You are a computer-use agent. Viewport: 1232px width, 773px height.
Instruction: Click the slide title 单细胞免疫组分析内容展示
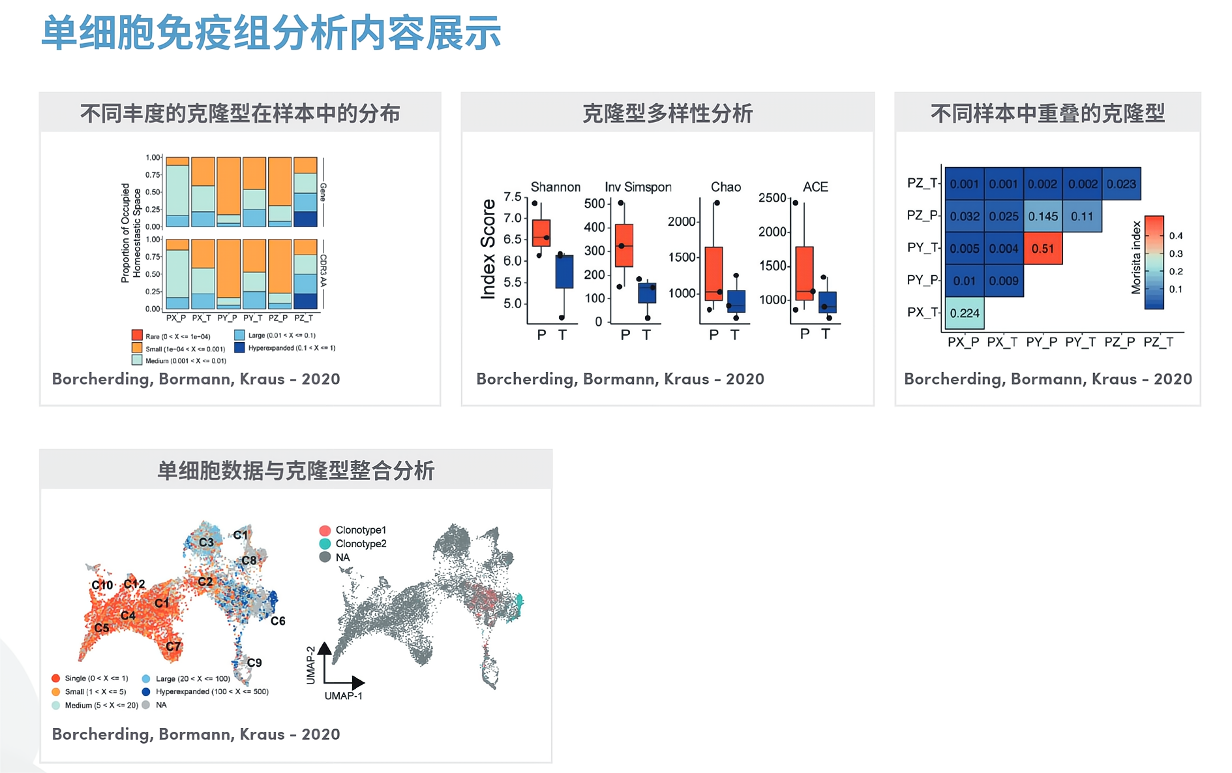[271, 33]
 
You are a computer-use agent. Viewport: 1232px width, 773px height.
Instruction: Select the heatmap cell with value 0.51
[1042, 249]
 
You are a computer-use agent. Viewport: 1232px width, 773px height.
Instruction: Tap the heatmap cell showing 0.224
[964, 313]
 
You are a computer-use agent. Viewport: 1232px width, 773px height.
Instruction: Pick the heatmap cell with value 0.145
[1042, 216]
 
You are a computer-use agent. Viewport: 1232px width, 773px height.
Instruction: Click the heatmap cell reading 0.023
[1121, 184]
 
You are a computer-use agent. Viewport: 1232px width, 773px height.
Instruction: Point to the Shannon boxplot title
[555, 187]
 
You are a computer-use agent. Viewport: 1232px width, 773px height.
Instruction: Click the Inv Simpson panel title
[637, 187]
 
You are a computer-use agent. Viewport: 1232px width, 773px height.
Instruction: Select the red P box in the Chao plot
[714, 273]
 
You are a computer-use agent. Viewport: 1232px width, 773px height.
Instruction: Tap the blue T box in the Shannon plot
[564, 272]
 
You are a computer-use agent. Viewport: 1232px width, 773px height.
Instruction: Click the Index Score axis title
[488, 249]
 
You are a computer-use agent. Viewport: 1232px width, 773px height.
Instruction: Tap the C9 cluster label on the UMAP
[254, 663]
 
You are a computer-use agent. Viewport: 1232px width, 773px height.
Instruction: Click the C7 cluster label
[173, 646]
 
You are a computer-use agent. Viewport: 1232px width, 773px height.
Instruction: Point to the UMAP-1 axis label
[343, 696]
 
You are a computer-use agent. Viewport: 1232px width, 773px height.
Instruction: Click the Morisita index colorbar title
[1136, 257]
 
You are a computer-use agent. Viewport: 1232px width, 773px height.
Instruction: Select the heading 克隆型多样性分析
[667, 114]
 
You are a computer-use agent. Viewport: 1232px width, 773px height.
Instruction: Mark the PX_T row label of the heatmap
[922, 313]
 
